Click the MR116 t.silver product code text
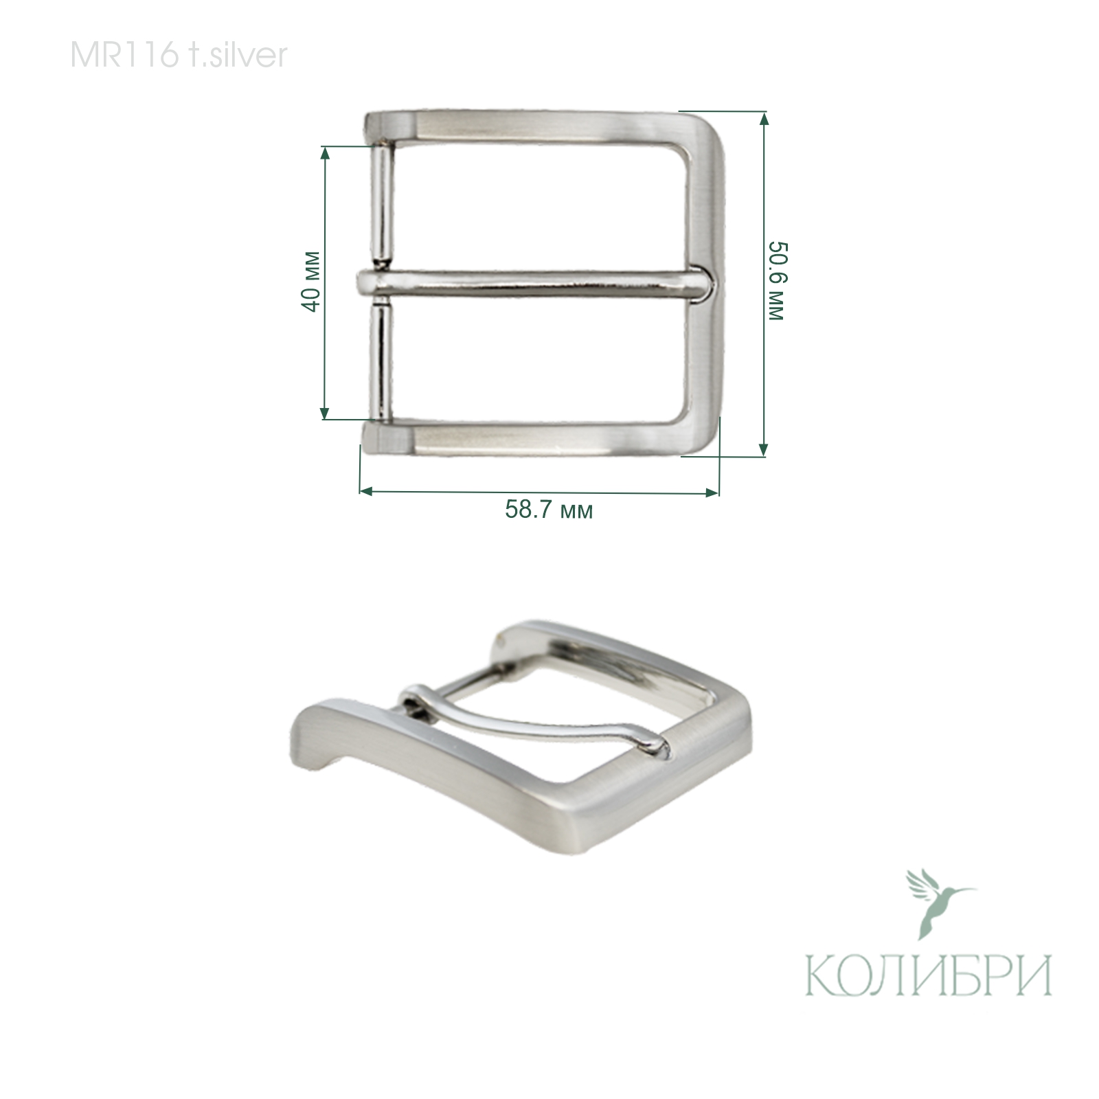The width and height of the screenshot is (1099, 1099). pos(179,56)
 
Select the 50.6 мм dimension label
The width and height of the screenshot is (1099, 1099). pos(775,281)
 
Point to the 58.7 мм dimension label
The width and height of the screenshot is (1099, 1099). pos(549,510)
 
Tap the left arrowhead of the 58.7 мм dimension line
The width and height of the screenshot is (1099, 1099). pos(365,491)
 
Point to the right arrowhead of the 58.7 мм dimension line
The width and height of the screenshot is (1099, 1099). pos(713,492)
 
